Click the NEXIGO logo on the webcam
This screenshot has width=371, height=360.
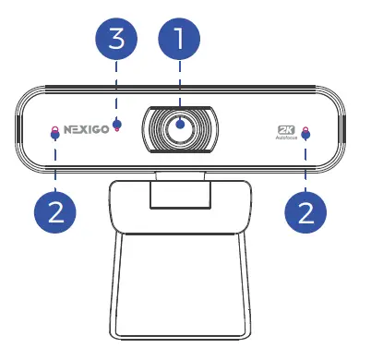87,129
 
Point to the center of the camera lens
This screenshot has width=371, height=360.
180,128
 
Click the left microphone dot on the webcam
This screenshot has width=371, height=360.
54,131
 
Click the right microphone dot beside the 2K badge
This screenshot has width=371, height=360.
305,131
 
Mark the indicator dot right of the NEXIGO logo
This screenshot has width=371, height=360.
116,126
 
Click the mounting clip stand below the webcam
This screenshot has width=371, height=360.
180,268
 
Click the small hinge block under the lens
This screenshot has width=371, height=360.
180,195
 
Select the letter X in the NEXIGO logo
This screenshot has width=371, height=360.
86,129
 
